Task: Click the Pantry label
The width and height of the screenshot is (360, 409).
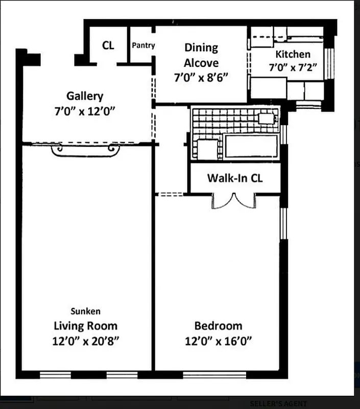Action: pos(143,46)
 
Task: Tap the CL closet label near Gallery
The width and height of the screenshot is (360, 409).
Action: pos(108,45)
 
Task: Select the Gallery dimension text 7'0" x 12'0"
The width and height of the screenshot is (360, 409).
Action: pos(85,111)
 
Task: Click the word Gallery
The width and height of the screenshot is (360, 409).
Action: pos(85,96)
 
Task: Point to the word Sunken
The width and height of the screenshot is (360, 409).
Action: pos(85,311)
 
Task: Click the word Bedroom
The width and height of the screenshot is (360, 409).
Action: pos(218,326)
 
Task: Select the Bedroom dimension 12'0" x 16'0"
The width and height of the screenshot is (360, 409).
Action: pos(218,340)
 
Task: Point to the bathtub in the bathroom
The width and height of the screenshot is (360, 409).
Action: pos(251,146)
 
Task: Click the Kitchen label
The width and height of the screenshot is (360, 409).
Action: pos(293,54)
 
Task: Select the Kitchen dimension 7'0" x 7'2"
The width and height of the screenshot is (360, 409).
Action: pos(293,67)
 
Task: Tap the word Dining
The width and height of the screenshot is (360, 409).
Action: pos(201,48)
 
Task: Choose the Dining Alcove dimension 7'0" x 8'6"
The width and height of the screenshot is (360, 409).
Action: pos(201,78)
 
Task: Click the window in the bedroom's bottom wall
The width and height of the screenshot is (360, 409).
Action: pos(214,375)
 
